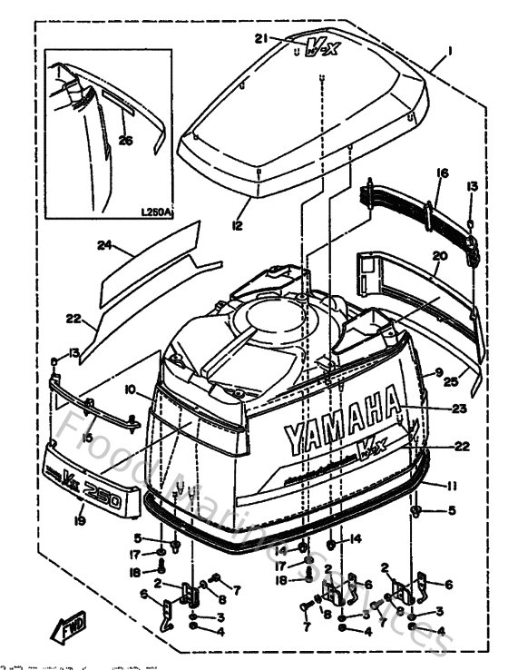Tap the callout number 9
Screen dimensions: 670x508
point(439,372)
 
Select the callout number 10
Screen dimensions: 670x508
point(131,389)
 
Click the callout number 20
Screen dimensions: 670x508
point(441,257)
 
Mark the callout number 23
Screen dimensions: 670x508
point(459,409)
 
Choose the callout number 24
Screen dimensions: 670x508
point(105,245)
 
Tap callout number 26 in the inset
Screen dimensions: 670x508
point(126,140)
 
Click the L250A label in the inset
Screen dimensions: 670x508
point(157,213)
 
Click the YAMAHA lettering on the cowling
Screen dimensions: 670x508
point(342,419)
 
